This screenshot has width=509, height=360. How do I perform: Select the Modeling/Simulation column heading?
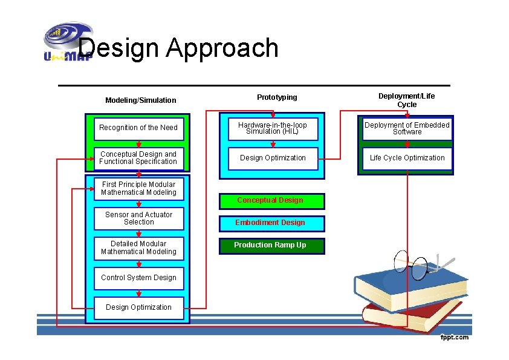[x=140, y=100]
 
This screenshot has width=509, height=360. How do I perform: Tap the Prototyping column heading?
[x=277, y=97]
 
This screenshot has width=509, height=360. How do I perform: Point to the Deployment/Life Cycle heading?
[x=406, y=100]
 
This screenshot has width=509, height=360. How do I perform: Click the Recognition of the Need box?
[x=138, y=128]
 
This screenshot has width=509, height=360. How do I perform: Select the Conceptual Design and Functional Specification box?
[x=138, y=158]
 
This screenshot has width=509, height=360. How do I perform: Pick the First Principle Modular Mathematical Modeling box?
[x=138, y=188]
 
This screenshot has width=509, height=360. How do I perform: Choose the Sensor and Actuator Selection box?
[x=138, y=218]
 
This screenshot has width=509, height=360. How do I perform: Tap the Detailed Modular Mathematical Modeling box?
[x=138, y=248]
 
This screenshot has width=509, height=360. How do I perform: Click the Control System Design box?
[x=138, y=278]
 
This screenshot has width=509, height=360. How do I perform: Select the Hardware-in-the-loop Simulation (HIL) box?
[x=273, y=128]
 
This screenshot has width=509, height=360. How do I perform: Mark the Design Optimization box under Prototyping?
[x=273, y=158]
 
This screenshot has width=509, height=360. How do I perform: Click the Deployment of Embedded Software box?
[x=407, y=128]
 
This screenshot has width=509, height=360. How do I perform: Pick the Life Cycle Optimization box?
[x=407, y=158]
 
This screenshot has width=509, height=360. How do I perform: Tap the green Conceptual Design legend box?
[x=270, y=200]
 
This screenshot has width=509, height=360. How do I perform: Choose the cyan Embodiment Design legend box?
[x=270, y=223]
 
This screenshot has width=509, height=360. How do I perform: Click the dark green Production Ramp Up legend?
[x=270, y=245]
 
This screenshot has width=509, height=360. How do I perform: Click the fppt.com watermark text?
[x=454, y=337]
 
